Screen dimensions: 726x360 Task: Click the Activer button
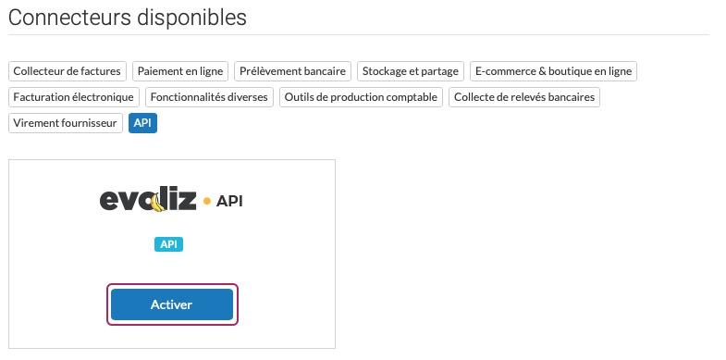(172, 304)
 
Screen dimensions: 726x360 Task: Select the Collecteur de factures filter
(68, 71)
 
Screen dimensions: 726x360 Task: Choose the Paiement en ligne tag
(180, 71)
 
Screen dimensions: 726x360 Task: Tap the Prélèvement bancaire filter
(292, 71)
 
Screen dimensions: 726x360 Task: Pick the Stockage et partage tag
(411, 71)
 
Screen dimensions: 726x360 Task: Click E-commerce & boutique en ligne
(553, 71)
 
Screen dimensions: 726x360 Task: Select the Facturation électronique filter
(74, 97)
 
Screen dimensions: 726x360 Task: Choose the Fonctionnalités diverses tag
(209, 97)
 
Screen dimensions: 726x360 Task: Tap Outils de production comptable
(361, 97)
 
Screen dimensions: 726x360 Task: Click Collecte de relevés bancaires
(524, 97)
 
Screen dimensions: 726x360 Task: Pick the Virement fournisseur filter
(66, 123)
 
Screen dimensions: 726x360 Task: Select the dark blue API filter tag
(142, 123)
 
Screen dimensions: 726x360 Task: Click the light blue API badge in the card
(168, 244)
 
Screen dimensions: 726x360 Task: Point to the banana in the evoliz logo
(158, 203)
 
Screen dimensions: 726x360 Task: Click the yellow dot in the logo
(207, 201)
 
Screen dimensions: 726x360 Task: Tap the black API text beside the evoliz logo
(229, 201)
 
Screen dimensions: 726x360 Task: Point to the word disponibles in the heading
(189, 19)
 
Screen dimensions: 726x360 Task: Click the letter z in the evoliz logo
(186, 201)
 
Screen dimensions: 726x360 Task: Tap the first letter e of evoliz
(109, 201)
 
